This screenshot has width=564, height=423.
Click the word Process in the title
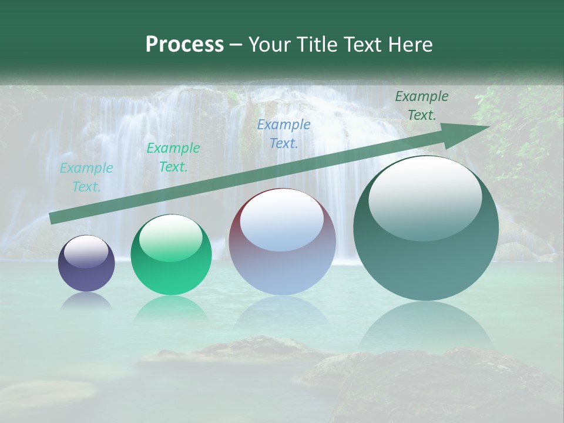tap(184, 45)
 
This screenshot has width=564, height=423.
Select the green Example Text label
tap(173, 157)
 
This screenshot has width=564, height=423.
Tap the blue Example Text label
tap(284, 133)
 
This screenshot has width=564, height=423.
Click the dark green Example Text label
tap(421, 106)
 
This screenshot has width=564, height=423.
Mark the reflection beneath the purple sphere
tap(86, 301)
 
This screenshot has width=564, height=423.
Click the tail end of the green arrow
tap(53, 219)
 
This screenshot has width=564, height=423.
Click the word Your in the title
tap(271, 45)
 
